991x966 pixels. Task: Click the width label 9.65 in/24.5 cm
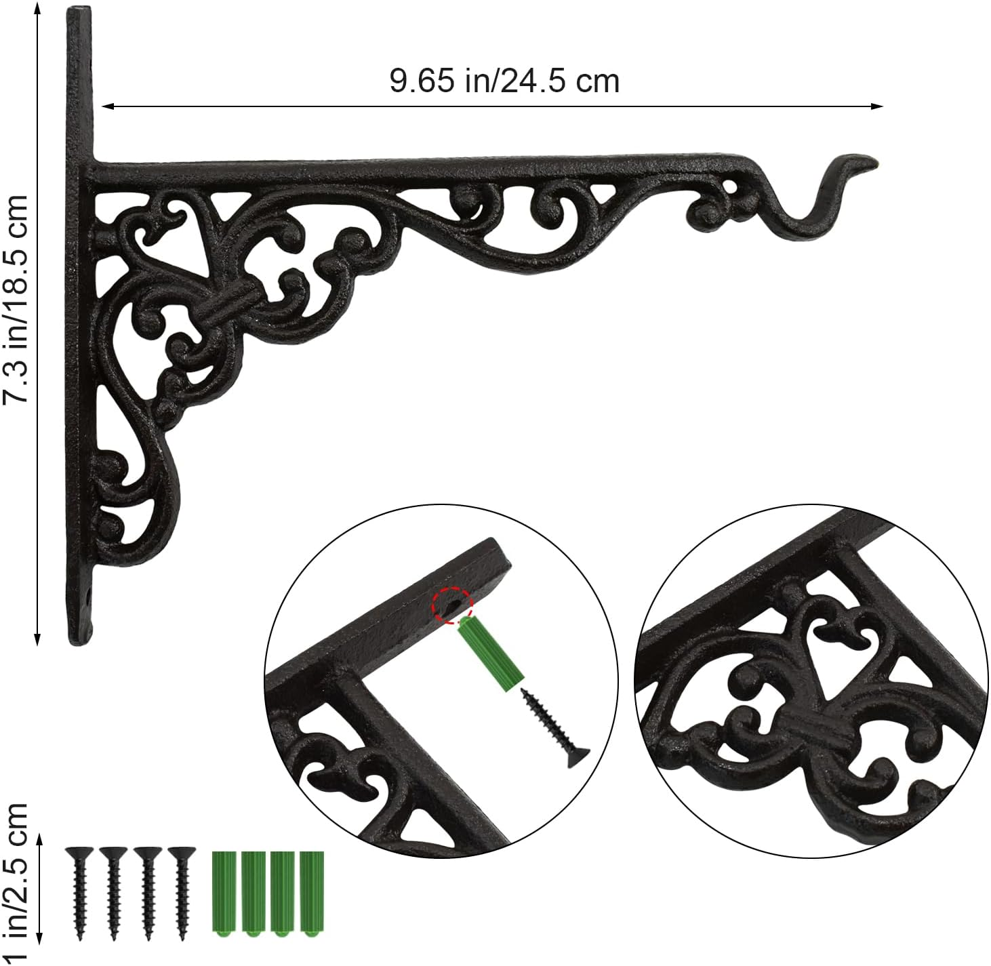click(504, 81)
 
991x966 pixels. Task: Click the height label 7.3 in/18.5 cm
click(15, 298)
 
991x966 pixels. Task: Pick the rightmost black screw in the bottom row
click(181, 892)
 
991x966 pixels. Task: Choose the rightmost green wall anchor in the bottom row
click(312, 893)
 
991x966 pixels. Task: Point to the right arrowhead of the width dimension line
click(878, 106)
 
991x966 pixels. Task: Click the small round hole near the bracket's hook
click(729, 184)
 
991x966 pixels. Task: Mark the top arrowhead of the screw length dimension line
click(39, 841)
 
